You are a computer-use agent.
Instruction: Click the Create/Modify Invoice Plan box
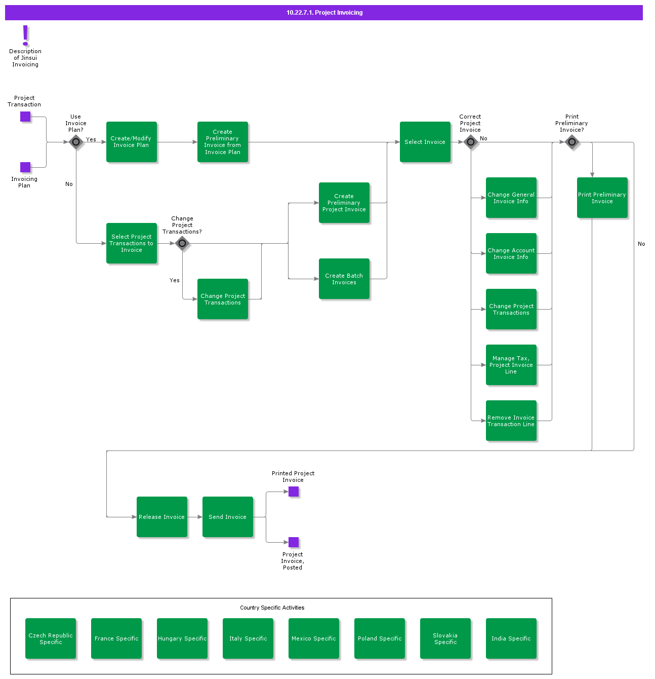click(x=132, y=142)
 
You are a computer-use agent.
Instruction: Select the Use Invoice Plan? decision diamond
click(x=76, y=142)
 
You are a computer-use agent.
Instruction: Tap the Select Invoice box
click(x=425, y=142)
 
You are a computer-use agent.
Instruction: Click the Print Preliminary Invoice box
click(x=602, y=198)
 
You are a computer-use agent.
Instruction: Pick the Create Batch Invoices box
click(x=344, y=279)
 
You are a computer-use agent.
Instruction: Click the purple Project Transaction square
click(x=25, y=117)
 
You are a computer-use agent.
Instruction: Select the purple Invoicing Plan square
click(x=25, y=167)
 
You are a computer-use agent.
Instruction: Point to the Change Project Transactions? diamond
click(x=182, y=243)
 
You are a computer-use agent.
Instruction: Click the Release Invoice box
click(x=162, y=517)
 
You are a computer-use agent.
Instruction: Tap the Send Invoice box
click(x=228, y=517)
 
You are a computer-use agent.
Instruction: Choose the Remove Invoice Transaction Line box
click(x=511, y=421)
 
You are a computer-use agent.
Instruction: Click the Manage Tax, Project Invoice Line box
click(x=511, y=365)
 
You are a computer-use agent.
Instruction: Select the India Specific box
click(x=511, y=638)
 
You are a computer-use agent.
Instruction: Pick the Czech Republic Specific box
click(x=51, y=638)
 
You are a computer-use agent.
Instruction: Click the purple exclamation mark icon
click(x=25, y=35)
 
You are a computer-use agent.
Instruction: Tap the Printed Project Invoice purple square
click(x=294, y=492)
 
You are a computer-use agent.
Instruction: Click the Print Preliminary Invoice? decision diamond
click(x=572, y=142)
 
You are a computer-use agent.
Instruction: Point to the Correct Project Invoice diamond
click(x=471, y=142)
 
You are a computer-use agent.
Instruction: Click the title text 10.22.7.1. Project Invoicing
click(x=324, y=13)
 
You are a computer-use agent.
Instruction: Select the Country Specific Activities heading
click(x=272, y=608)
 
